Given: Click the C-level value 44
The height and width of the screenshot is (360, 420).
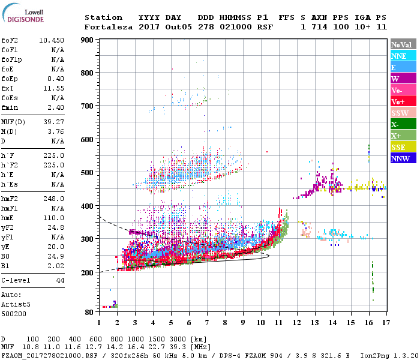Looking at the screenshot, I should (x=60, y=280).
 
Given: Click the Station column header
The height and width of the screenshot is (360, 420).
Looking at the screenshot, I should (x=103, y=17).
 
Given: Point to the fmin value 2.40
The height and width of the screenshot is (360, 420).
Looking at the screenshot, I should (x=56, y=107).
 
